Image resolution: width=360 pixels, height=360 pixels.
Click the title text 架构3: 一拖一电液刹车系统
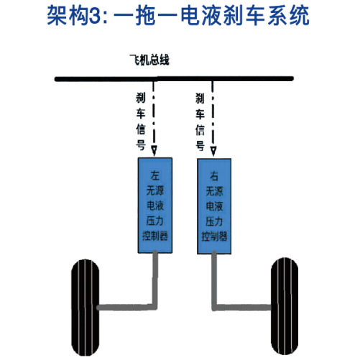coord(178,16)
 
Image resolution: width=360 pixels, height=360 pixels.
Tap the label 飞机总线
coord(149,60)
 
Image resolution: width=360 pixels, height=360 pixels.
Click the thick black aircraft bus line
coord(174,78)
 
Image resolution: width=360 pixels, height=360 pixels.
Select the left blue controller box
coord(155,206)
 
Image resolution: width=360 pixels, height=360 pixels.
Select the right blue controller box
coord(214,206)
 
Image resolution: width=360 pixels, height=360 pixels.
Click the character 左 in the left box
coord(155,175)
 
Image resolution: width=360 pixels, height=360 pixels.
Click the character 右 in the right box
coord(214,176)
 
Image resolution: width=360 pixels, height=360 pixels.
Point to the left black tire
coord(86,308)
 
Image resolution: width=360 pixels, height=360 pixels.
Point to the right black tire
coord(285,306)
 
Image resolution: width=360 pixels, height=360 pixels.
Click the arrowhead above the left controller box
coord(154,151)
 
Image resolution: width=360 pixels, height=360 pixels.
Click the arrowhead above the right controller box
coord(213,151)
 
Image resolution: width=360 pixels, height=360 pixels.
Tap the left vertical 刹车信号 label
coord(141,121)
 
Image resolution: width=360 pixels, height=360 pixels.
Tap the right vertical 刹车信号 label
coord(200,122)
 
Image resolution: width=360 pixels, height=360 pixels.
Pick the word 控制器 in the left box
coord(155,236)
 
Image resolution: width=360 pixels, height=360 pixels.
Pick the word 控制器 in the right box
coord(214,236)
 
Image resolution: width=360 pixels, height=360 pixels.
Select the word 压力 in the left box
coord(155,221)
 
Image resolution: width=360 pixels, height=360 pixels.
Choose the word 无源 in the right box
coord(214,191)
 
